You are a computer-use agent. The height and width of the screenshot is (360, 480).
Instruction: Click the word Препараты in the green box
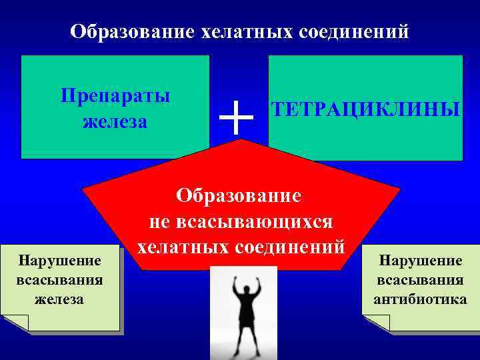tap(115, 95)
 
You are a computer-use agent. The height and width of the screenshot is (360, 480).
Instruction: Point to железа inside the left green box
tap(115, 122)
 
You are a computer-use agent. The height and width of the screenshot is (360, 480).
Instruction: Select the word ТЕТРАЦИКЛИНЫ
tap(365, 109)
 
